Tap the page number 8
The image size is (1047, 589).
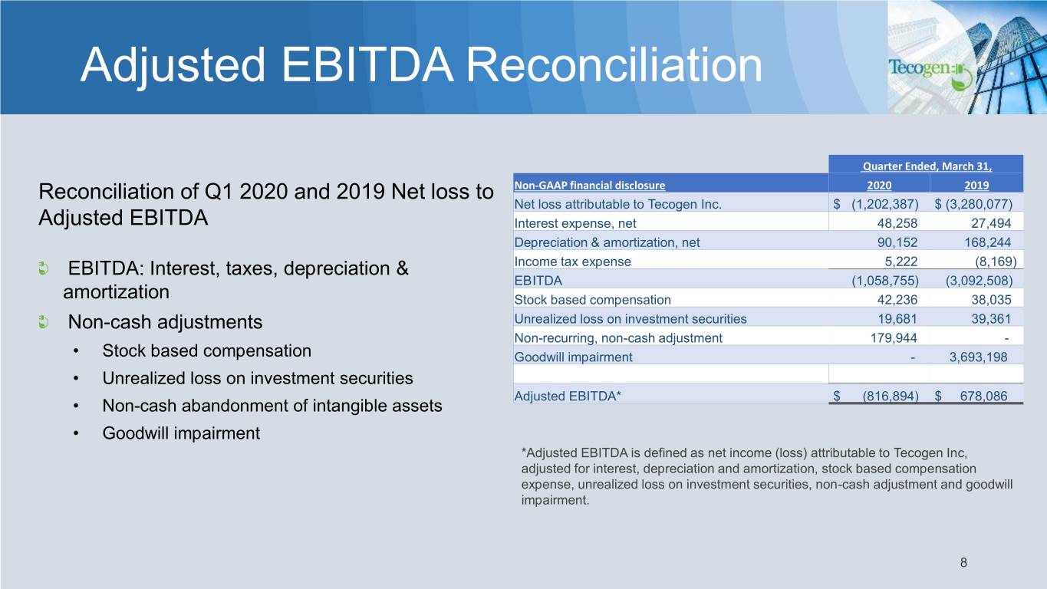tap(963, 562)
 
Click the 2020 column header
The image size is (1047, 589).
tap(879, 186)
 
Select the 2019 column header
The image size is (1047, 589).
tap(976, 186)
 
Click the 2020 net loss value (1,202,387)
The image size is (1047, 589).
tap(885, 204)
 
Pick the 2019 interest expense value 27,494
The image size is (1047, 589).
tap(991, 223)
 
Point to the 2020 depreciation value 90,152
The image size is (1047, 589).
tap(897, 242)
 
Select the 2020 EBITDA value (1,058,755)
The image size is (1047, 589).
tap(885, 281)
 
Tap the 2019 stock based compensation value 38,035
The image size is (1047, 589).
tap(991, 300)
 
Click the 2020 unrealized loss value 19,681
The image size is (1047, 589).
tap(897, 319)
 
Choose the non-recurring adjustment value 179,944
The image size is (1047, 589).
tap(894, 338)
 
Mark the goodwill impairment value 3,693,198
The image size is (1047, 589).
tap(978, 357)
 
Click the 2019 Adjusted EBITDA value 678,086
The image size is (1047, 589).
tap(983, 397)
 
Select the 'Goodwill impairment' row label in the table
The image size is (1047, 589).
tap(573, 357)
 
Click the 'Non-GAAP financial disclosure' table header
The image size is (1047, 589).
tap(589, 186)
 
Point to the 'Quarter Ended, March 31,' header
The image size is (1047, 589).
tap(927, 166)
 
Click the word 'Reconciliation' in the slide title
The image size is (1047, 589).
tap(614, 64)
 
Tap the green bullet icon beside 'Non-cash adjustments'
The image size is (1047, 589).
tap(44, 322)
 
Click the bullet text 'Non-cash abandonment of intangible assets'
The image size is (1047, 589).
tap(272, 406)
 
